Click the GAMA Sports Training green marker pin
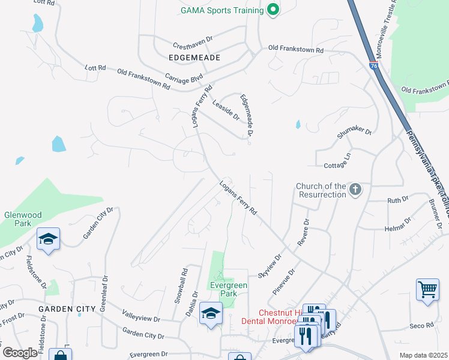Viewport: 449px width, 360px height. coord(273,10)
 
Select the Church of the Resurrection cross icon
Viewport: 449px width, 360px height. coord(355,190)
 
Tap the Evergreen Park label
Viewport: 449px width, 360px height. coord(228,290)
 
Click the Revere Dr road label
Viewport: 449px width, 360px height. coord(303,232)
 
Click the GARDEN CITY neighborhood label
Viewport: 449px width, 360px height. coord(67,308)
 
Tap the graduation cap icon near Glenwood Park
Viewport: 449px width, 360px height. coord(47,239)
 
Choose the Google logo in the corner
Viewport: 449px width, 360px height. coord(20,353)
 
